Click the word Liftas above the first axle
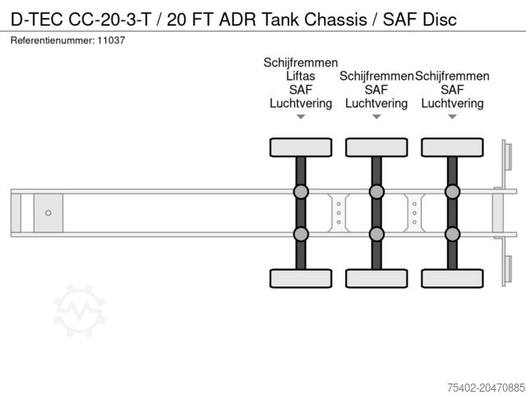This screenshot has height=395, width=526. coord(301,76)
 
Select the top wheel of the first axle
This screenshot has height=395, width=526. coord(301,147)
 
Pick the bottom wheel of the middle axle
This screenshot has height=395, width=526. coord(376,278)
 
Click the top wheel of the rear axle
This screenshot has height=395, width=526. coord(452,147)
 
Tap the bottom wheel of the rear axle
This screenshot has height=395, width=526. coord(452,278)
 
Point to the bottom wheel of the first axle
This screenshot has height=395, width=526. coord(301,278)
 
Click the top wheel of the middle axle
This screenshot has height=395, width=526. coord(376,147)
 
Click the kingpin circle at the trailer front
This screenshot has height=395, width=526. coord(48,213)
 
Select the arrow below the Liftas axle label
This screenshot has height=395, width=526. coord(301,117)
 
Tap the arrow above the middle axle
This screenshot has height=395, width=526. coord(376,117)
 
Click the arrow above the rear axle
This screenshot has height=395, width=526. coord(452,117)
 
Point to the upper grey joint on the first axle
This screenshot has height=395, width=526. coord(301,193)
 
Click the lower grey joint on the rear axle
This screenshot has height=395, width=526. coord(452,234)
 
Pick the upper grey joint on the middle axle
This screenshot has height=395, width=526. coord(376,193)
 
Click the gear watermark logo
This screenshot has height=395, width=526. coord(80,310)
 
